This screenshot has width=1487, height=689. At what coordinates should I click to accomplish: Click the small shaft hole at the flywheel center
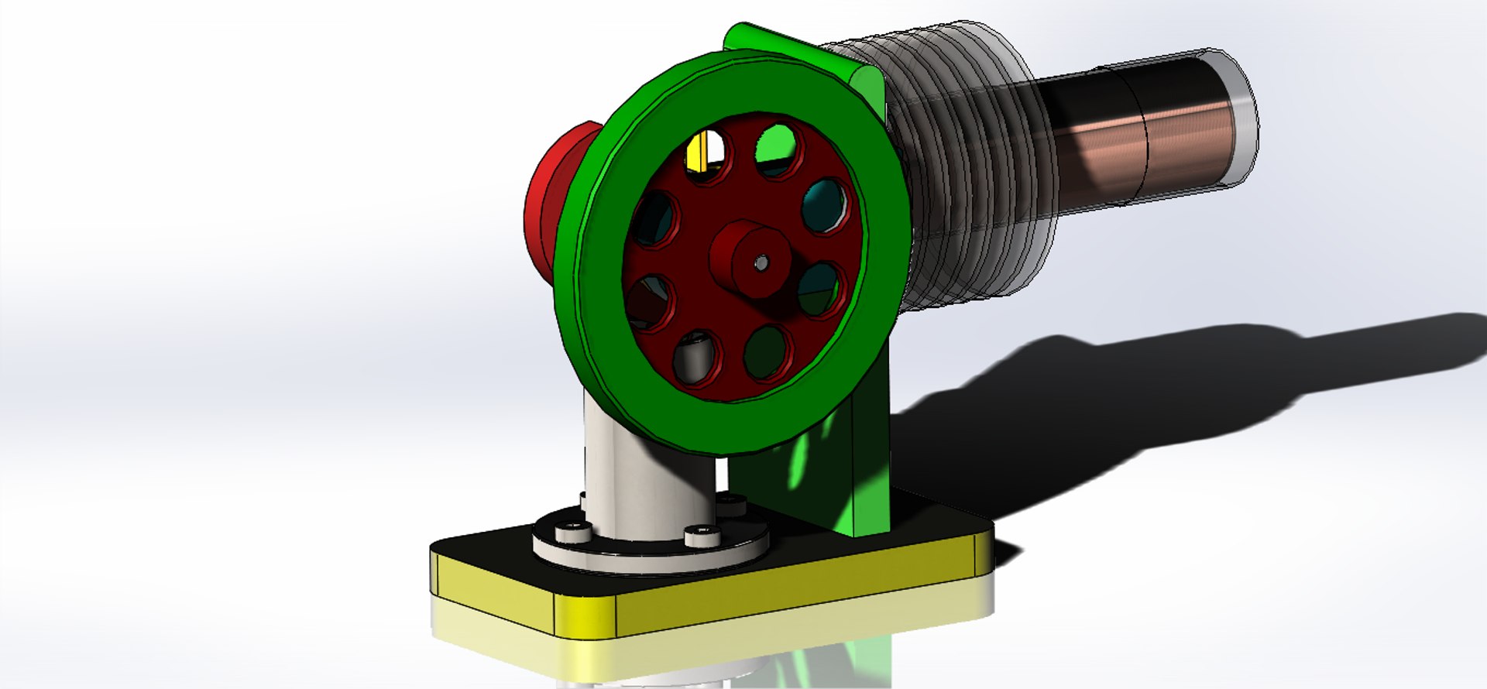pyautogui.click(x=762, y=263)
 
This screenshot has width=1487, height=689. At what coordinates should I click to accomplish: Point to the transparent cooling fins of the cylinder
pyautogui.click(x=968, y=170)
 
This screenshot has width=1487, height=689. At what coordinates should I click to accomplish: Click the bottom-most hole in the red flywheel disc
pyautogui.click(x=695, y=358)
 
